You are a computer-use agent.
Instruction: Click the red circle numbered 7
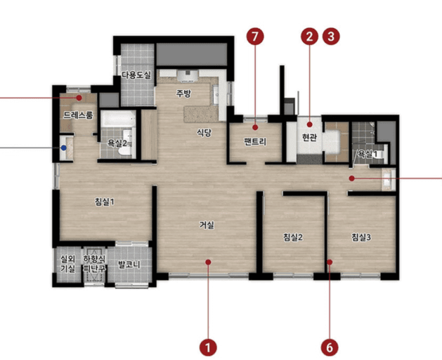(255, 37)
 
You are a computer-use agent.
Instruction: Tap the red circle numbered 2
(309, 37)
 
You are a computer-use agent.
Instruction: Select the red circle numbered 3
(331, 37)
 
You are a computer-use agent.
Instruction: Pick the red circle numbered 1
(208, 347)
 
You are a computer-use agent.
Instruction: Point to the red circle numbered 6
(330, 347)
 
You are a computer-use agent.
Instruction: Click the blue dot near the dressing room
(64, 148)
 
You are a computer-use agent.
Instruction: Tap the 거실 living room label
(207, 225)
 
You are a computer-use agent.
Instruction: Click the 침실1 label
(104, 202)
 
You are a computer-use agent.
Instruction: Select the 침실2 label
(293, 237)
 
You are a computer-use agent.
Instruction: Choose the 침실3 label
(361, 237)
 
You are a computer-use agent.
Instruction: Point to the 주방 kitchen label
(183, 93)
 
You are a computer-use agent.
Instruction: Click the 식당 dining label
(204, 132)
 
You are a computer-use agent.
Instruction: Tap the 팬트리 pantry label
(255, 141)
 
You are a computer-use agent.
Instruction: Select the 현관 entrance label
(309, 137)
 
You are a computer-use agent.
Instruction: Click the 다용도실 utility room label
(136, 75)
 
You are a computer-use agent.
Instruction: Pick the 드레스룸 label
(78, 115)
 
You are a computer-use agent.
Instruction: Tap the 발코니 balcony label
(129, 264)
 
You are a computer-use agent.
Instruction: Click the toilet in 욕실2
(125, 150)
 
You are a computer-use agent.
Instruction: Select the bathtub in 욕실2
(118, 119)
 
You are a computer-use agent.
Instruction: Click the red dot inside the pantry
(255, 127)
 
